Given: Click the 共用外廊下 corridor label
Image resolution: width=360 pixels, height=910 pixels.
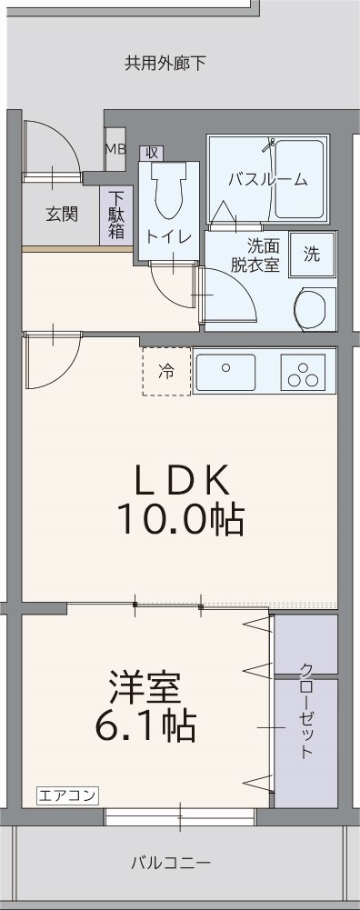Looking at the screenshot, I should point(165,64).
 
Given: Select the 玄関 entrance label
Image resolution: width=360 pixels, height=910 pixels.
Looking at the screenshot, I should point(62,215).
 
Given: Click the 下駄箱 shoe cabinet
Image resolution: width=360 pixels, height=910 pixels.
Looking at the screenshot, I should point(116,215).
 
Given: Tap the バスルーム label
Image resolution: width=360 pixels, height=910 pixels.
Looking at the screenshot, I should point(267,179).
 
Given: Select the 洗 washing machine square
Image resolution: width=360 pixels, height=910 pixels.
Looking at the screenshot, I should point(312,254).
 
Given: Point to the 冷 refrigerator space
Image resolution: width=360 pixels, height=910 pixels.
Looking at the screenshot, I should point(166,371).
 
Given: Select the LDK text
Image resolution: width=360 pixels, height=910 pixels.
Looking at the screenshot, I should point(180,479).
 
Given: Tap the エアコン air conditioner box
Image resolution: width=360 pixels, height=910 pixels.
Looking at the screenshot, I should point(67,795).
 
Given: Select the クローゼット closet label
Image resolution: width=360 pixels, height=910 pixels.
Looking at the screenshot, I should point(306,712).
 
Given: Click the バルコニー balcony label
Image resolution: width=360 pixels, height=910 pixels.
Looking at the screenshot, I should point(170,862).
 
